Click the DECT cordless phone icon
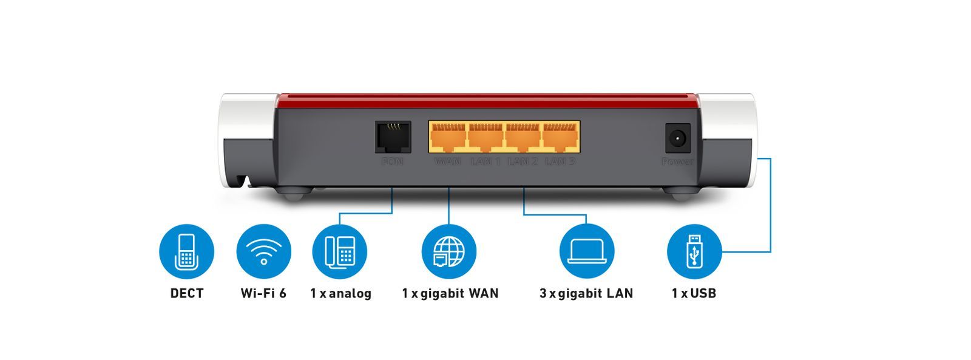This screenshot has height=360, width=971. [186, 251]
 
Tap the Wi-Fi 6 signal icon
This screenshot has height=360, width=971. [263, 251]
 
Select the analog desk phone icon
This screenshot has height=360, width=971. [340, 251]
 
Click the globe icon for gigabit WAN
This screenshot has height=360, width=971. [448, 251]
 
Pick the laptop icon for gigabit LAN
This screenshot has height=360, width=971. [587, 251]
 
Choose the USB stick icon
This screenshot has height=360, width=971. [694, 251]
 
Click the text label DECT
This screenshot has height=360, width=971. [186, 294]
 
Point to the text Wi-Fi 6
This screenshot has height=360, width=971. [263, 294]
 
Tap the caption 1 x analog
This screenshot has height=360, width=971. [340, 294]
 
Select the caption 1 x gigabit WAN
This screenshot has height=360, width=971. [450, 294]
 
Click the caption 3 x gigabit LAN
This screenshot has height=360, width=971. [586, 294]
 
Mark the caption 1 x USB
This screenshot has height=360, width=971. [694, 294]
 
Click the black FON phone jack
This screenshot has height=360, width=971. [392, 137]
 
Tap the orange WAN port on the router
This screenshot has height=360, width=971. [448, 137]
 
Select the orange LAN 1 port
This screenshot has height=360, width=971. [486, 137]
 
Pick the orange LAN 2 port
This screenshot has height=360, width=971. [523, 137]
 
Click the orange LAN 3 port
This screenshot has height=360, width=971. [560, 137]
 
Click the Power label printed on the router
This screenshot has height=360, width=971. [677, 161]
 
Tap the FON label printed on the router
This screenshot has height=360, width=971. [392, 161]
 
